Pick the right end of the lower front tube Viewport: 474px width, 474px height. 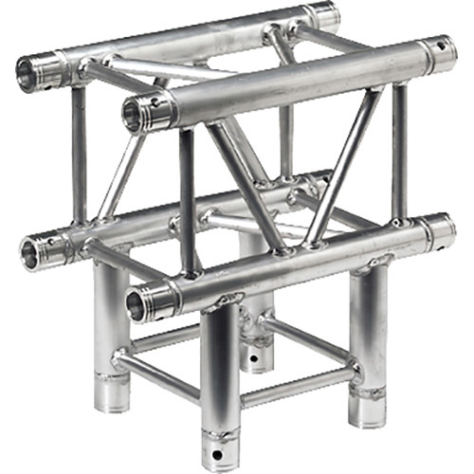point(438,230)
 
